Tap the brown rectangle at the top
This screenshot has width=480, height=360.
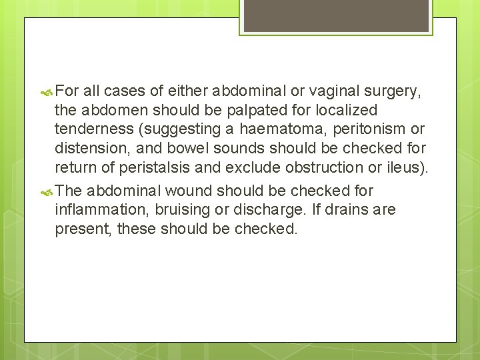[x=336, y=15]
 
